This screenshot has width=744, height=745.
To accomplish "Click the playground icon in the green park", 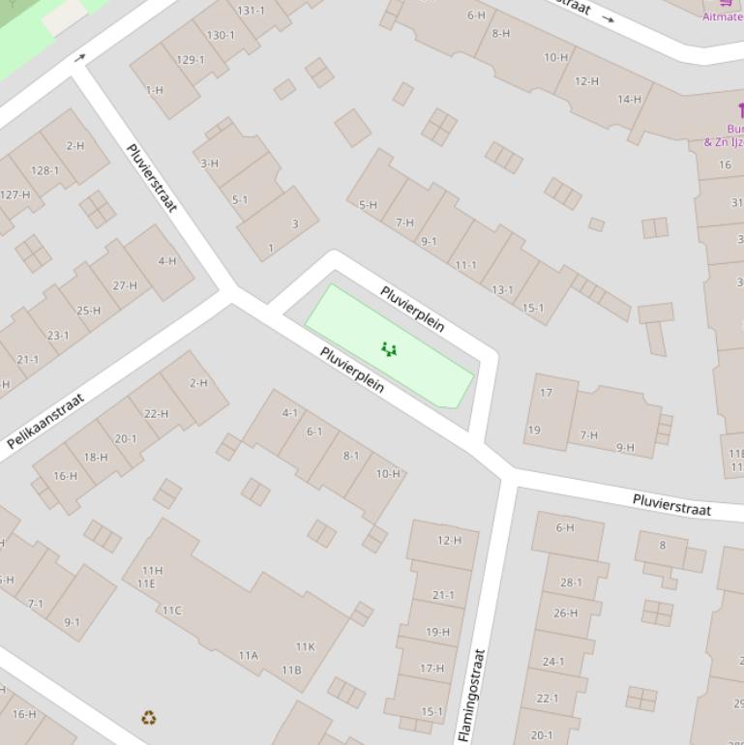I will pyautogui.click(x=389, y=349).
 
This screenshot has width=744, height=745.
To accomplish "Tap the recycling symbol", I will pyautogui.click(x=148, y=717).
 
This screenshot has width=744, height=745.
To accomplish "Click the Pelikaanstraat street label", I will pyautogui.click(x=45, y=421).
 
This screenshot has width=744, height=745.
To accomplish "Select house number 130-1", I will pyautogui.click(x=221, y=35).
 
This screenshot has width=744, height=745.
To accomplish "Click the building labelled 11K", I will pyautogui.click(x=305, y=646).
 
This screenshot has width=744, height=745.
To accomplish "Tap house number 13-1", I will pyautogui.click(x=502, y=289).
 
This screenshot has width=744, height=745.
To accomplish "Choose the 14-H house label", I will pyautogui.click(x=629, y=99).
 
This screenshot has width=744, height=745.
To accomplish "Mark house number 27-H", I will pyautogui.click(x=125, y=285).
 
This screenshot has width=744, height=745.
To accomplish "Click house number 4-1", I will pyautogui.click(x=290, y=413).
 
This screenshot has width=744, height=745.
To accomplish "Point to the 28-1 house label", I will pyautogui.click(x=571, y=582).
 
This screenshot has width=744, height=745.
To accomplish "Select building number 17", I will pyautogui.click(x=546, y=393).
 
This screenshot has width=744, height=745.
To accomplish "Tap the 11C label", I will pyautogui.click(x=171, y=611).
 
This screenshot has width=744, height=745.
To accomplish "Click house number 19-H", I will pyautogui.click(x=437, y=632).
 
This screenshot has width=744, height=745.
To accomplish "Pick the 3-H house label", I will pyautogui.click(x=209, y=164).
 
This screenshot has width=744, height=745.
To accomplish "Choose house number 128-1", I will pyautogui.click(x=45, y=171).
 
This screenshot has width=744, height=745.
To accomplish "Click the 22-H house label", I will pyautogui.click(x=155, y=413).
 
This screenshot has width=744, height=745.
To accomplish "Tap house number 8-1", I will pyautogui.click(x=350, y=456).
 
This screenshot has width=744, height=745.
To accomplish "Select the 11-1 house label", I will pyautogui.click(x=465, y=265).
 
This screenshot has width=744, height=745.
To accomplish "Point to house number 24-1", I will pyautogui.click(x=553, y=662).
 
